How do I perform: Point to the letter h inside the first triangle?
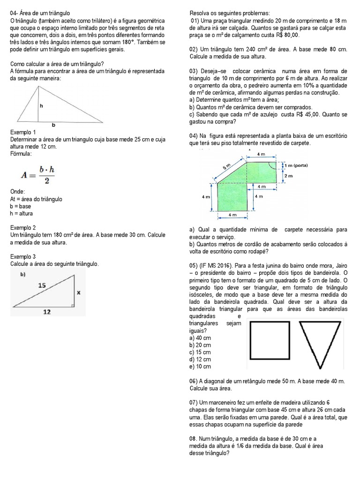[41, 106]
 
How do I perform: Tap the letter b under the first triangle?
[53, 125]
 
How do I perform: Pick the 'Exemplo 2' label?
[23, 227]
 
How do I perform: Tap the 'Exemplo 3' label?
[23, 257]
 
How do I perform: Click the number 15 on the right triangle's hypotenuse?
[42, 285]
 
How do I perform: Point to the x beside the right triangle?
[78, 292]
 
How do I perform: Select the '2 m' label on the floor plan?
[288, 176]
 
